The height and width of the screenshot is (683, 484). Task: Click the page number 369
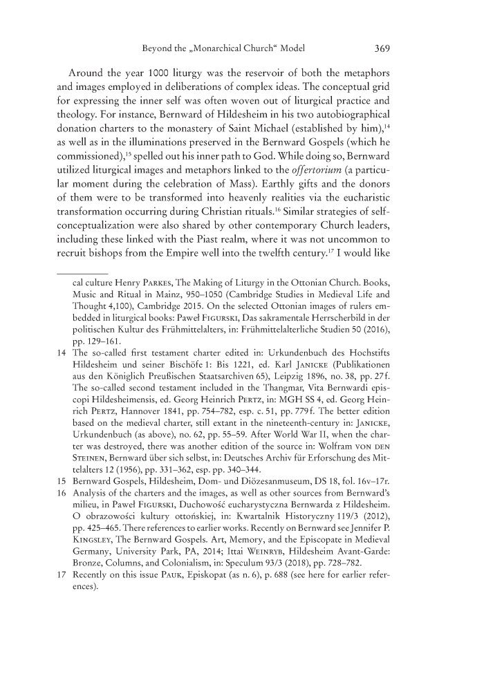pyautogui.click(x=384, y=49)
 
